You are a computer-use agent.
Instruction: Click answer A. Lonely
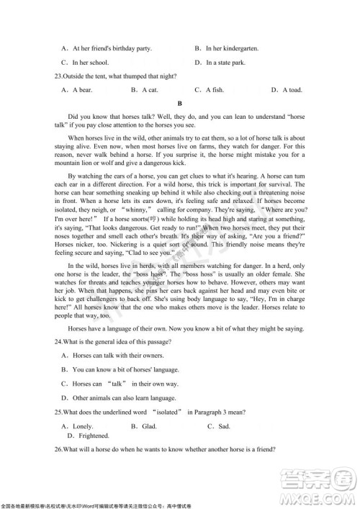coord(78,426)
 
